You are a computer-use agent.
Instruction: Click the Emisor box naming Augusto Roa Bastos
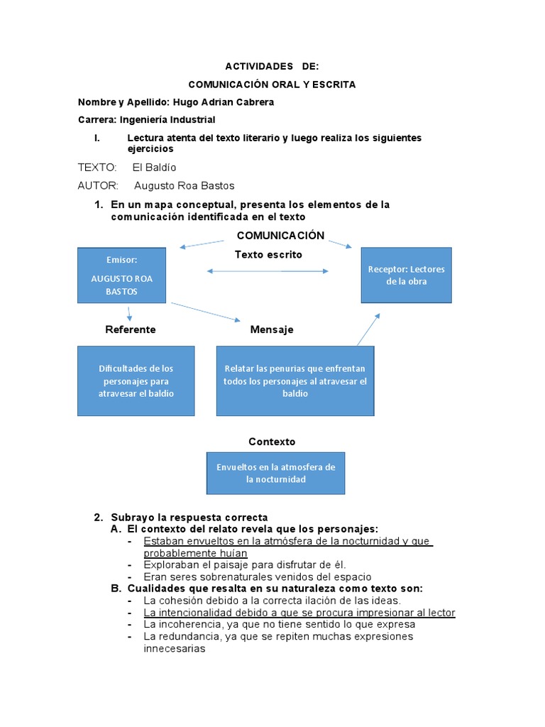(x=121, y=275)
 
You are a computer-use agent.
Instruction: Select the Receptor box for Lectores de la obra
(x=406, y=275)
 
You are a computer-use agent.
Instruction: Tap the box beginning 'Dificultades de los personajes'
(x=136, y=381)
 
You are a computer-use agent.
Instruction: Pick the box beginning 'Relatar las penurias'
(x=294, y=381)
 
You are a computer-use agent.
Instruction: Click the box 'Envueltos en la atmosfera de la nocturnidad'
(x=275, y=473)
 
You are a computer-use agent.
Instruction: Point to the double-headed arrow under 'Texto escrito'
(x=268, y=270)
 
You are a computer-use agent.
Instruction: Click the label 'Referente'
(x=130, y=329)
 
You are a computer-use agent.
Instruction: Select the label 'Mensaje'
(x=271, y=329)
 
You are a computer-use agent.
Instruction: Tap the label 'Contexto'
(x=272, y=442)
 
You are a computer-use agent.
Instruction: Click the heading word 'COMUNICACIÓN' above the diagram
(x=280, y=236)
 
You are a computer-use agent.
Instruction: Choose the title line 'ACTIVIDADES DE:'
(x=272, y=66)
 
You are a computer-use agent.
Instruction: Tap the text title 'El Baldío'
(x=154, y=168)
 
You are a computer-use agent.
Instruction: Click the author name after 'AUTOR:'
(x=184, y=186)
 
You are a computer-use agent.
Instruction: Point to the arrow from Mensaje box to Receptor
(x=368, y=329)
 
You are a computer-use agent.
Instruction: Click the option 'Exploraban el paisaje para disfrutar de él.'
(x=244, y=564)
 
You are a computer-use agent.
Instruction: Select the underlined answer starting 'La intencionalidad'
(x=299, y=613)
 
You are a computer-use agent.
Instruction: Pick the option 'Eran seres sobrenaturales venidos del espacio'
(x=257, y=576)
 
